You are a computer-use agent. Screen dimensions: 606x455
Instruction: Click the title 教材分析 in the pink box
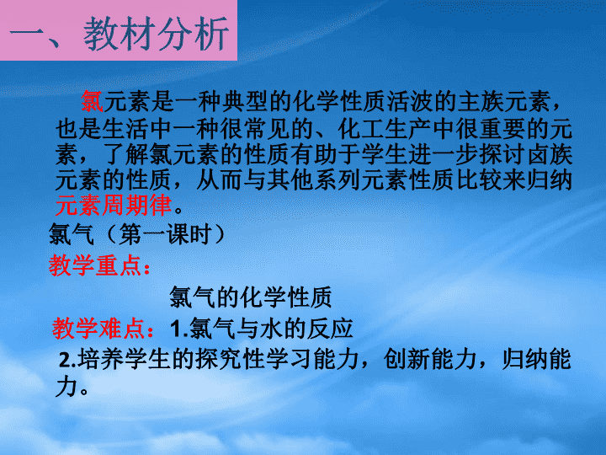(x=157, y=34)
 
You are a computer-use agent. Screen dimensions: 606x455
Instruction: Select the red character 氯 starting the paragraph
(x=92, y=101)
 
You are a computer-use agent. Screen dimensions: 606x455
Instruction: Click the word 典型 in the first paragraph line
(x=246, y=101)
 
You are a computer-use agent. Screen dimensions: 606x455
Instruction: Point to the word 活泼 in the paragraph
(x=412, y=101)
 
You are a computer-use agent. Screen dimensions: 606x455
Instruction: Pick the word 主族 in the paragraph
(x=481, y=101)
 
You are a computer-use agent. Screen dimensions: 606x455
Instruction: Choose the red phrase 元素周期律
(x=114, y=205)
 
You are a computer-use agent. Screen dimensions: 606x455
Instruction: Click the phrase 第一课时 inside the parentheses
(x=166, y=234)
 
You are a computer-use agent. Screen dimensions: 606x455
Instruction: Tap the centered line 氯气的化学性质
(x=251, y=297)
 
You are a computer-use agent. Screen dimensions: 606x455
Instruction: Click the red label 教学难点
(x=99, y=329)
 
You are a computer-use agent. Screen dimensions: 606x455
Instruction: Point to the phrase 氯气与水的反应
(x=271, y=329)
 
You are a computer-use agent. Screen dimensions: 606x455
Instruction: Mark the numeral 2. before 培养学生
(x=67, y=361)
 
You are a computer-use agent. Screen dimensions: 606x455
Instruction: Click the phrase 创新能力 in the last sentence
(x=430, y=359)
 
